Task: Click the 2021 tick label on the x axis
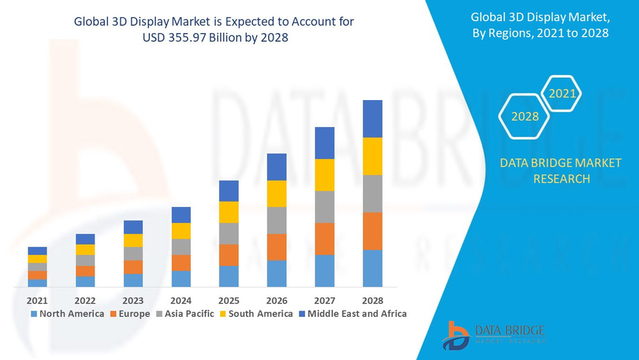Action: point(37,300)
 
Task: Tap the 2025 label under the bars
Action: point(229,300)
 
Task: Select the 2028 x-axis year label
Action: point(372,300)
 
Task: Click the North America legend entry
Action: point(67,313)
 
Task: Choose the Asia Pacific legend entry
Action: point(184,313)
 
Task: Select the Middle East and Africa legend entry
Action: point(352,313)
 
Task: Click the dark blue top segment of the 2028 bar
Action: point(372,119)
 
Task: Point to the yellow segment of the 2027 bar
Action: point(324,175)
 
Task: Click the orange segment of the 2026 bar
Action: point(276,247)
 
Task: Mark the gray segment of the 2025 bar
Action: point(229,234)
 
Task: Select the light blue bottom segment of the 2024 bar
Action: point(181,279)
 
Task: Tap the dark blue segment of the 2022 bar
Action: point(85,239)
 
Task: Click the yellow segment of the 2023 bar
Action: point(133,240)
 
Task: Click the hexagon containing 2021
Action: point(562,93)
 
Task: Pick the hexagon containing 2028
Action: point(525,116)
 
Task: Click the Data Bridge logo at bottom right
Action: point(493,335)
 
